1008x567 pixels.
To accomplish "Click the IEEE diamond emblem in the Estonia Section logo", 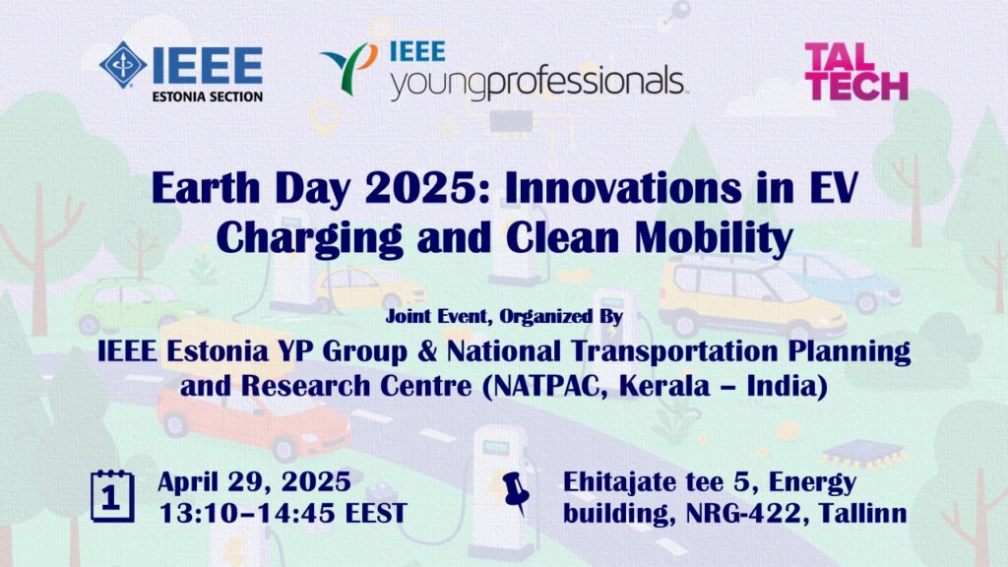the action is pos(122,65).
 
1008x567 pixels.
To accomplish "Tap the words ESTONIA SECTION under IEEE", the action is pos(207,97).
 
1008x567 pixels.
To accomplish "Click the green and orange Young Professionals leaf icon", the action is pos(349,68).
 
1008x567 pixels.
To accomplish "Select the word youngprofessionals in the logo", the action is pos(537,83).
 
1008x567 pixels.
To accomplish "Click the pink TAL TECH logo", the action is pos(855,71).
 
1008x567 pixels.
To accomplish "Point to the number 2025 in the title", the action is pos(423,188).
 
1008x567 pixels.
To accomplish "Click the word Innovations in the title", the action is pos(622,188).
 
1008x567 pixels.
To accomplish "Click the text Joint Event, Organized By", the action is pos(504,316).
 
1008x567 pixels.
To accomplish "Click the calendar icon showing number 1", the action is pos(112,496).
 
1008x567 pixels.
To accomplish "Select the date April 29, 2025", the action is pos(255,482).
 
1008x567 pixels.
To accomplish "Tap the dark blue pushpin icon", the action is pos(516,493).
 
